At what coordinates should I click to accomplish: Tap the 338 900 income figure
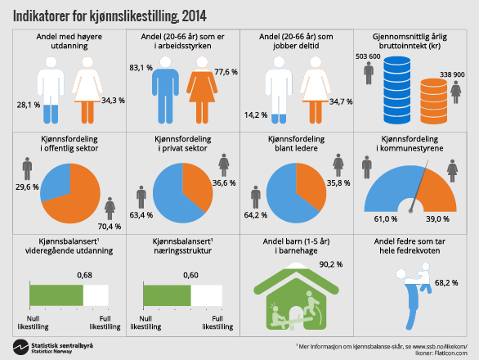(x=452, y=74)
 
